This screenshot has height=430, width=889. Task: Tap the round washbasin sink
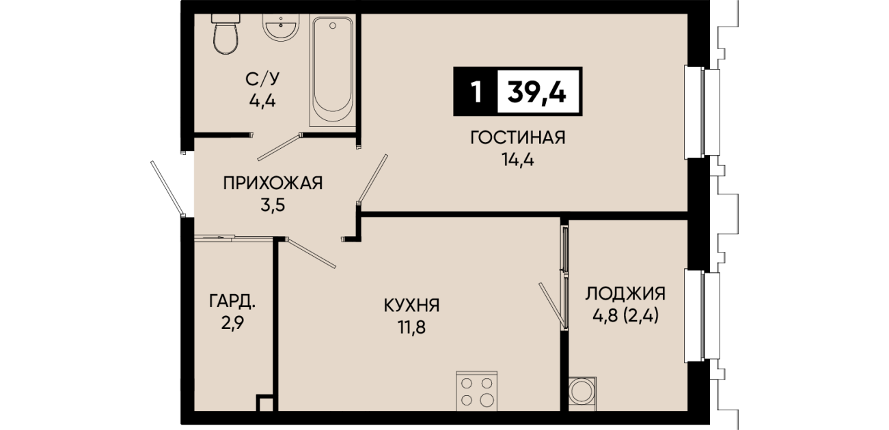tap(280, 27)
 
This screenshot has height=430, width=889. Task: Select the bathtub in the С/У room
tap(333, 70)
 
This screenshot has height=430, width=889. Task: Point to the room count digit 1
tap(476, 92)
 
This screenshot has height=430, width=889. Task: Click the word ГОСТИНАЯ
tap(518, 138)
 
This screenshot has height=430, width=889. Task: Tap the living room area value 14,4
tap(518, 160)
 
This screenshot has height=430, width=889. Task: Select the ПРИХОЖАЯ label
tap(273, 184)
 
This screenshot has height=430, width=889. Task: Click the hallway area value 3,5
tap(273, 205)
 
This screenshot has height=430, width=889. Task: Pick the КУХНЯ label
tap(412, 306)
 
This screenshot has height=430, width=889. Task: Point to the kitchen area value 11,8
tap(412, 328)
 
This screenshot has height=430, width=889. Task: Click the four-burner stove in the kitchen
tap(477, 391)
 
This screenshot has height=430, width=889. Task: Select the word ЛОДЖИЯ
tap(625, 293)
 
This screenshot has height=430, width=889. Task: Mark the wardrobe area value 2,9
tap(232, 324)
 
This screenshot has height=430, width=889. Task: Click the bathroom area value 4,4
tap(262, 102)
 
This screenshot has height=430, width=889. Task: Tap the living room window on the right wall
tap(702, 112)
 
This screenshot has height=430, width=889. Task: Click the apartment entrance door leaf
tap(167, 188)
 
